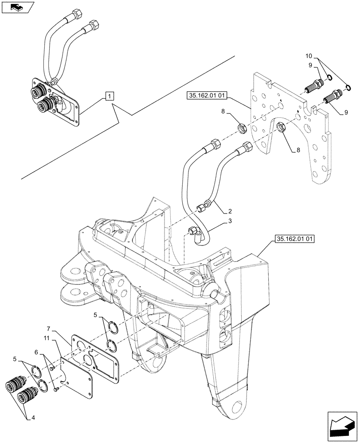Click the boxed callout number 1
pos(110,95)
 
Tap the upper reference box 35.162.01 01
pos(208,94)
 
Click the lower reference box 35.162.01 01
pos(294,240)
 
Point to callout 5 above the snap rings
pos(95,315)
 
